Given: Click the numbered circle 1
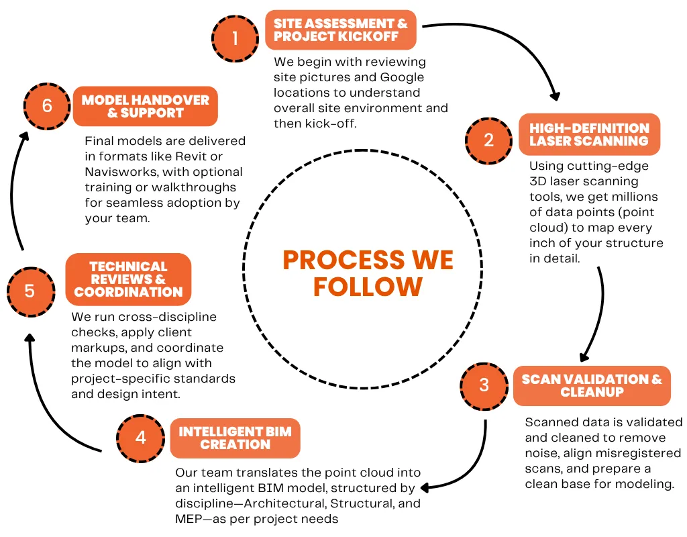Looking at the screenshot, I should pyautogui.click(x=234, y=38).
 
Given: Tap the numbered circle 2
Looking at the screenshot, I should pyautogui.click(x=488, y=140).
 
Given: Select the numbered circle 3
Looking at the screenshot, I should pyautogui.click(x=484, y=386).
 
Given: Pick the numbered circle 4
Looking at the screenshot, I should pyautogui.click(x=140, y=438).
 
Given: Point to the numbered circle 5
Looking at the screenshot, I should pyautogui.click(x=30, y=291).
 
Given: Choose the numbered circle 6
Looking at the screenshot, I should pyautogui.click(x=46, y=106).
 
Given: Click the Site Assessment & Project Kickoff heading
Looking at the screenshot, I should pyautogui.click(x=341, y=30).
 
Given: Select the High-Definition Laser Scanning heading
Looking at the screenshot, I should pyautogui.click(x=589, y=134).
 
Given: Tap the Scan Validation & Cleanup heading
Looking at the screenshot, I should pyautogui.click(x=592, y=385).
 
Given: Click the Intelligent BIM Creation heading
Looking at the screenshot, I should pyautogui.click(x=235, y=438).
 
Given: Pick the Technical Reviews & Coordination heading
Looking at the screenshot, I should pyautogui.click(x=128, y=279).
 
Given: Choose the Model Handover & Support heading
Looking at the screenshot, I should pyautogui.click(x=145, y=106).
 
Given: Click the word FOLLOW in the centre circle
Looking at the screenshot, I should pyautogui.click(x=368, y=287).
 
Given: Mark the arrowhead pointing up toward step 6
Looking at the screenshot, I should pyautogui.click(x=23, y=136).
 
